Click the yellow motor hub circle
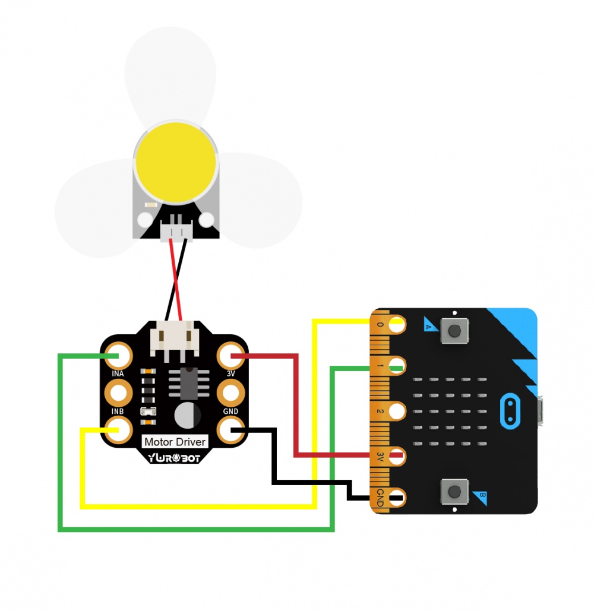(175, 163)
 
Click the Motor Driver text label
(175, 442)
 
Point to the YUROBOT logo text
(175, 458)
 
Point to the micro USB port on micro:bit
(540, 411)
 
